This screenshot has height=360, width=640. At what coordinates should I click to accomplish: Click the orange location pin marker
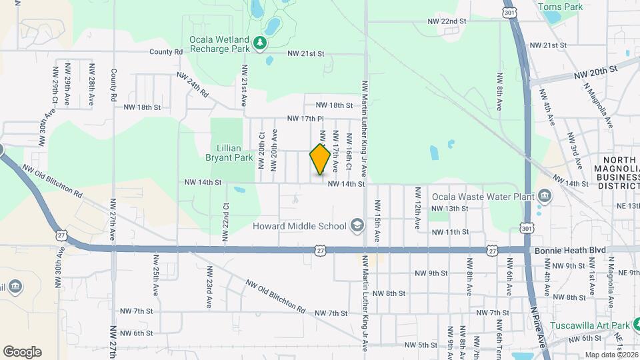pos(321,159)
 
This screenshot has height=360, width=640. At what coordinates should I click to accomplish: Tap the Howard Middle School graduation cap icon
pos(357,226)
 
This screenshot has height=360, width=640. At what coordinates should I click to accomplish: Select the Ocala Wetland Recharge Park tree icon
pos(259,45)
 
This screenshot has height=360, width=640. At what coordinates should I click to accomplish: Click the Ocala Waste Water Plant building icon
pos(545,196)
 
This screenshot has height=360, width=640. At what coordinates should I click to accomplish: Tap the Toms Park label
pos(560,7)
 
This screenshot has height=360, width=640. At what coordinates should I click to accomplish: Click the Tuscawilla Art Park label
pos(591,326)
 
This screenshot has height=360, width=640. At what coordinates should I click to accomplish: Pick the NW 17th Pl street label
pos(305,119)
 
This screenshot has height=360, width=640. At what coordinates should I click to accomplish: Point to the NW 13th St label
pos(451,209)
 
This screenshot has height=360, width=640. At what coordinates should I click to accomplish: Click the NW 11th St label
pos(451,232)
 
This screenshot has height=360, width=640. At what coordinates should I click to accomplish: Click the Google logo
pos(22,352)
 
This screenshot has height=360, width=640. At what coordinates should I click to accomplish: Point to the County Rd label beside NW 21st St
pos(166,51)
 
